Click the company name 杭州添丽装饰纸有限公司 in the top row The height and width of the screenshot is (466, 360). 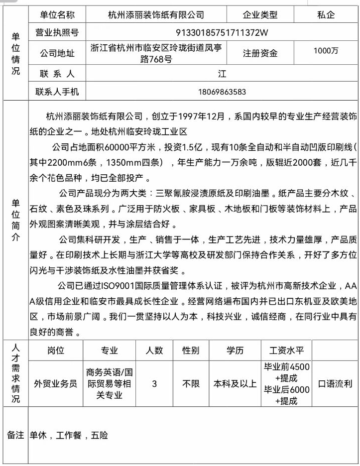coord(156,15)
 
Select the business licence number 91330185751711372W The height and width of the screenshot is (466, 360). coord(222,33)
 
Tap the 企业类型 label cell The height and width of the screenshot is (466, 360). coord(260,15)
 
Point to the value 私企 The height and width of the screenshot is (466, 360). coord(326,15)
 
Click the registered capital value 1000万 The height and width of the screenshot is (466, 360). coord(326,50)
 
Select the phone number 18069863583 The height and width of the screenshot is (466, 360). coord(222,92)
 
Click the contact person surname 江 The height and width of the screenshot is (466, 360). coord(222,74)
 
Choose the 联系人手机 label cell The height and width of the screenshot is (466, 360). coord(58,92)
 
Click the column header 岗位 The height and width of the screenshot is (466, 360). coord(56,350)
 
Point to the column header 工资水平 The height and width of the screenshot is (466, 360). coord(286,350)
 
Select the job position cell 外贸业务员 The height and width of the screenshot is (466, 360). coord(56,384)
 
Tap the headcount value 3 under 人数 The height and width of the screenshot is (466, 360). coord(154,384)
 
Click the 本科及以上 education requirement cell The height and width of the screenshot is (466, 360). coord(235,384)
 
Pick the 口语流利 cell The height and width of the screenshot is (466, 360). coord(335,384)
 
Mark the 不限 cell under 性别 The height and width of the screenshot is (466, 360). coord(191,384)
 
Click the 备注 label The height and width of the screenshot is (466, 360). coord(15,435)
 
